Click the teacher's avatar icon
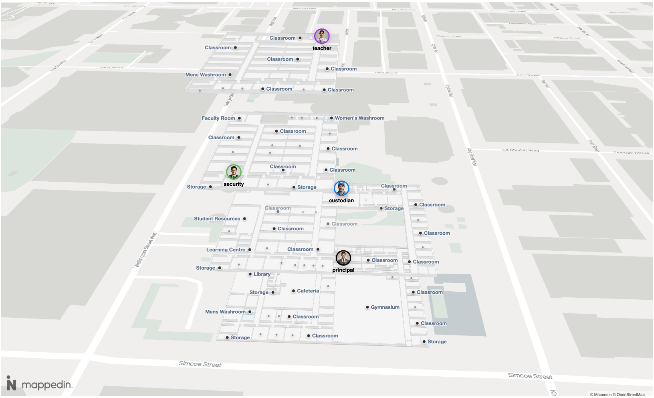(322, 36)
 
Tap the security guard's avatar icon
(234, 172)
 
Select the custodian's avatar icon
(341, 188)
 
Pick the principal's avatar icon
(343, 258)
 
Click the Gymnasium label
(385, 307)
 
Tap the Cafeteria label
(308, 291)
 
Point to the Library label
(262, 274)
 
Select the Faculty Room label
(218, 118)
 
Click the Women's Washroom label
(359, 118)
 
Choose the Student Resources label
(217, 219)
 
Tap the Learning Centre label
(226, 250)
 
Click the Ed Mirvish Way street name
(521, 150)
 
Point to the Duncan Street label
(632, 153)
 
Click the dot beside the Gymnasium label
(367, 307)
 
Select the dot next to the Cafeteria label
(294, 291)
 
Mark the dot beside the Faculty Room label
(239, 118)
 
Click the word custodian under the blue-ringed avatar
(341, 201)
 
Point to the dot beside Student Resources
(244, 219)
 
